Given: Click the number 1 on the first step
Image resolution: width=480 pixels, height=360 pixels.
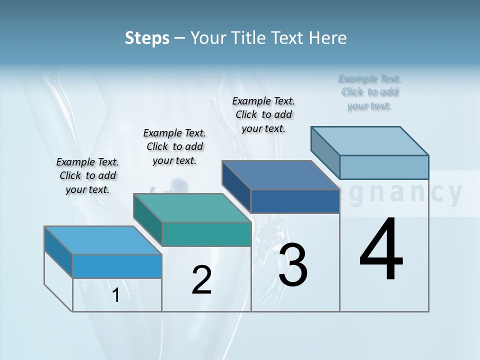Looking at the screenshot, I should point(116,295).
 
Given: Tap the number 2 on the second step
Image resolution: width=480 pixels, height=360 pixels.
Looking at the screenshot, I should point(201,280).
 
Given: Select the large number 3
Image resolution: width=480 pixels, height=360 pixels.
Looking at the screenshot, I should point(293,265).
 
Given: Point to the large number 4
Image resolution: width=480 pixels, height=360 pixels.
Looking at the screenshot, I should point(381,250).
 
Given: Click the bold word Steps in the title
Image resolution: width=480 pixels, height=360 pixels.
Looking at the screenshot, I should point(147,38).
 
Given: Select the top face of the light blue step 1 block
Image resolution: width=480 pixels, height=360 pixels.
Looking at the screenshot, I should point(102,240).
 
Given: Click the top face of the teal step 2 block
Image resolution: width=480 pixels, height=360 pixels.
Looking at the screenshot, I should point(191,207).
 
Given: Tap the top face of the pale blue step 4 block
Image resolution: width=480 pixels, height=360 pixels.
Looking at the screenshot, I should point(369,140).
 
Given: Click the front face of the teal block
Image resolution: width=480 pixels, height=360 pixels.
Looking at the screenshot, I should point(206,234).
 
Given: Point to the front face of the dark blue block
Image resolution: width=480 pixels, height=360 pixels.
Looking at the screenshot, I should point(295,201).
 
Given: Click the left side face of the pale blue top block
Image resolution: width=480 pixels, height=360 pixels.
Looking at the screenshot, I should point(325,152).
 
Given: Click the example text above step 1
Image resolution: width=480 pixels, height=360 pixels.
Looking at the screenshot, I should point(87,175).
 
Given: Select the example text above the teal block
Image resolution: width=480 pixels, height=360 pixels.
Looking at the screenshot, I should point(174,146).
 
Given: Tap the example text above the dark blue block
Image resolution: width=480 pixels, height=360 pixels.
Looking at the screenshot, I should point(263,114).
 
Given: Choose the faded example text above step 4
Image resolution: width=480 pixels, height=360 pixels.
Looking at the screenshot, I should point(369,92).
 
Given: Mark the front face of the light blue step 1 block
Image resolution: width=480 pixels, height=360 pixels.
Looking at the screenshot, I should point(117,266).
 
